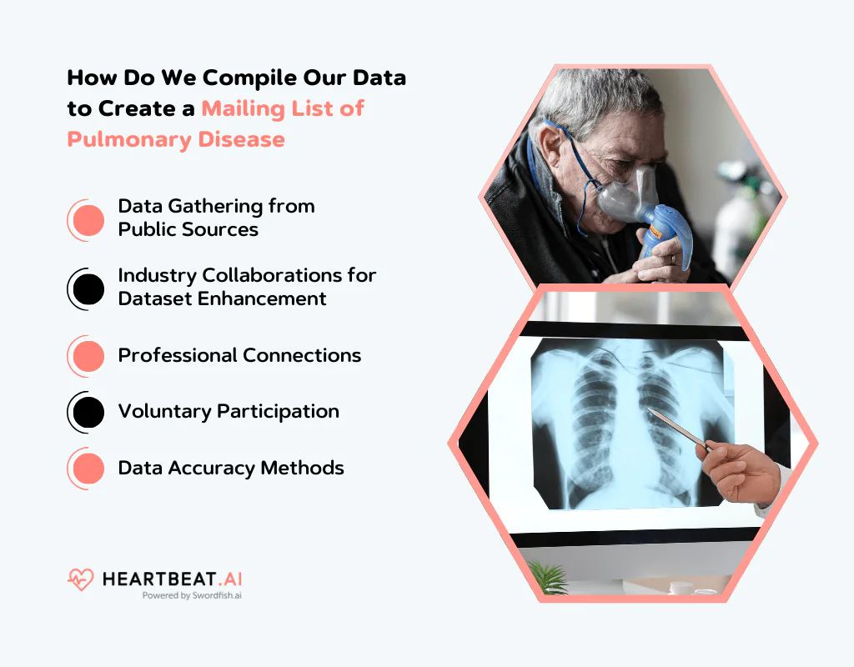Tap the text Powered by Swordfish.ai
(192, 595)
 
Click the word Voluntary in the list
(164, 411)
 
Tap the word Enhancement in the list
(269, 298)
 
